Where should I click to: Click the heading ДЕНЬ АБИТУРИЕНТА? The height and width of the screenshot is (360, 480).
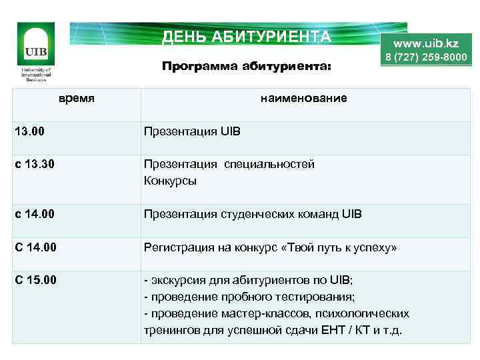point(246,36)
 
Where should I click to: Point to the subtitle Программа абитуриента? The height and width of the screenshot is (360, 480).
point(246,67)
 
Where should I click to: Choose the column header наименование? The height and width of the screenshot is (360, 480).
point(304,99)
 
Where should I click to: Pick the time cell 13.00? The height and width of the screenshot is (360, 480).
point(31,131)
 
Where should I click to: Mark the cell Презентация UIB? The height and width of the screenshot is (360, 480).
point(192,131)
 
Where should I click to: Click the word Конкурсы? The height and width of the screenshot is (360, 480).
point(170,181)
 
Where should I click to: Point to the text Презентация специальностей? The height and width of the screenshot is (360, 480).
point(229,164)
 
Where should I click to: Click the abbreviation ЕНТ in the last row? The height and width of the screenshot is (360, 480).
point(331,330)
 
